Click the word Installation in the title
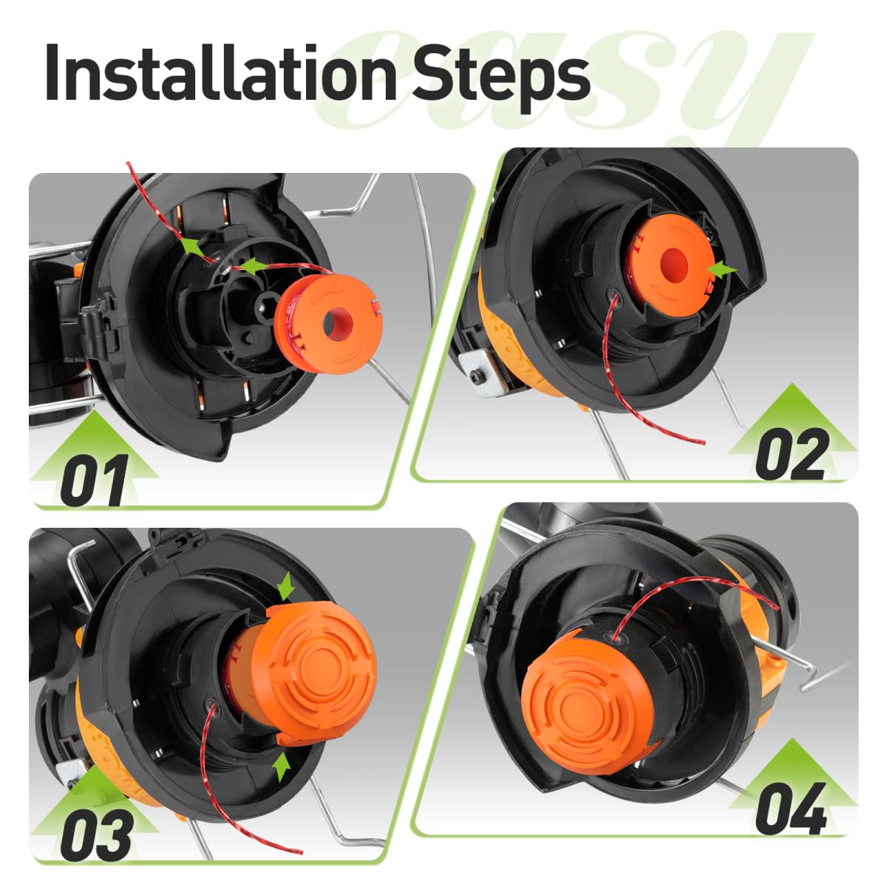coord(220,72)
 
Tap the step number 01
coord(95,480)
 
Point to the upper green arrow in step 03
coord(287,587)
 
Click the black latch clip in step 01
coord(98,327)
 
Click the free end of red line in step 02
coord(704,442)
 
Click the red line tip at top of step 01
coord(128,163)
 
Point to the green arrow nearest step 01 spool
coord(251,265)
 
